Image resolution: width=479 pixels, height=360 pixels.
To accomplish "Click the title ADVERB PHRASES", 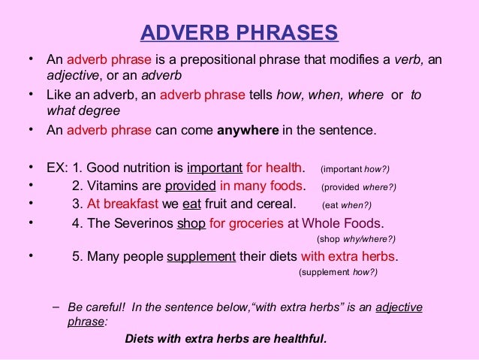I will [x=239, y=34].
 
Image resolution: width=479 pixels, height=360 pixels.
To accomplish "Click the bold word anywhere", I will [x=248, y=129].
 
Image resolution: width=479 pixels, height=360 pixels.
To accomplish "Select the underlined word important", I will [x=215, y=167].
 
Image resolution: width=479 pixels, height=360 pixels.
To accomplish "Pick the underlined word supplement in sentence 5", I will [x=200, y=256].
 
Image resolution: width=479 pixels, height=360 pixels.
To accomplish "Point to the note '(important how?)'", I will [x=355, y=168].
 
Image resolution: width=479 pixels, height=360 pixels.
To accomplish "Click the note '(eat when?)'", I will [x=346, y=205].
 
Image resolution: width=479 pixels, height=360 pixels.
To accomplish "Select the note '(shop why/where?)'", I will [x=357, y=239].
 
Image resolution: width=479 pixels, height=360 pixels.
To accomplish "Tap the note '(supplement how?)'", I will [x=338, y=272].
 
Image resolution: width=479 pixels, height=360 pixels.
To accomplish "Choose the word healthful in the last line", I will [x=297, y=338].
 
